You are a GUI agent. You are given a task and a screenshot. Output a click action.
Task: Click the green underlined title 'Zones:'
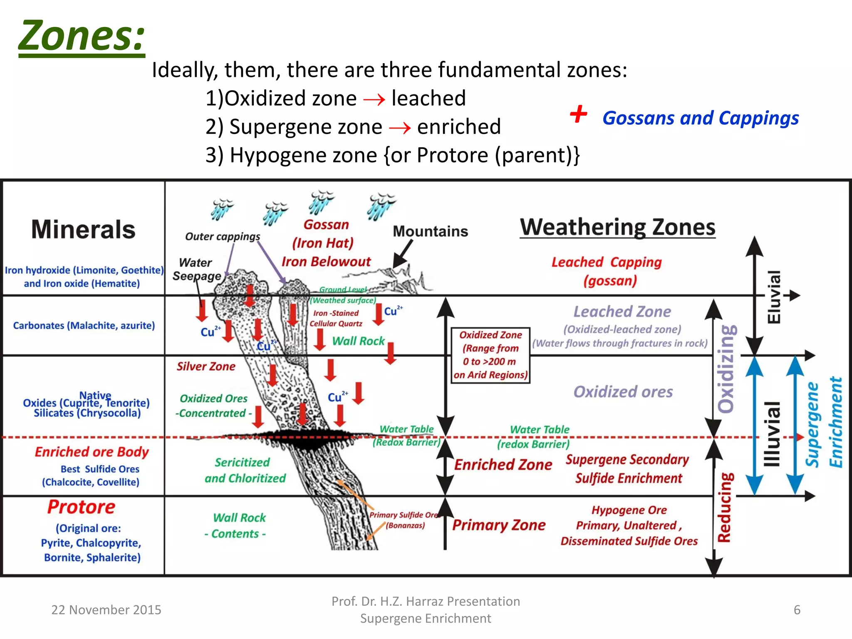point(82,36)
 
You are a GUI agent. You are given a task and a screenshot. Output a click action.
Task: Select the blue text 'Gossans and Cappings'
point(701,118)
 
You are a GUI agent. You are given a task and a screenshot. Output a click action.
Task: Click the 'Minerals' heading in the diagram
point(83,230)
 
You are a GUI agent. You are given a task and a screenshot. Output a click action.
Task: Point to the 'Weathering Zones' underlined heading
point(618,228)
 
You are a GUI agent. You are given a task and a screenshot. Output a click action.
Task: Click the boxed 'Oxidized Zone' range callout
point(490,355)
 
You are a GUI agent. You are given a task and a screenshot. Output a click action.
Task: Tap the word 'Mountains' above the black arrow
point(430,231)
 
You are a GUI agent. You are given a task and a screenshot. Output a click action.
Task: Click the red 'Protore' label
point(81,507)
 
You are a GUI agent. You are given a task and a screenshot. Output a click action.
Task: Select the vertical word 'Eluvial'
point(774,297)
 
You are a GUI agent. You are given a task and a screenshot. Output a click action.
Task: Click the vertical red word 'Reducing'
point(724,508)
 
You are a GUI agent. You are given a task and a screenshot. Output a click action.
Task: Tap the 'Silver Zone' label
point(206,367)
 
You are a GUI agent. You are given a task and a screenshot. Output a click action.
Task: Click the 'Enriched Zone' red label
point(503,465)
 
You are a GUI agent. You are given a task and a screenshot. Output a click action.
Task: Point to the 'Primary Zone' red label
point(498,525)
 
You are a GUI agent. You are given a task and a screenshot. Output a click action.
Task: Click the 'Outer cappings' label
point(223,236)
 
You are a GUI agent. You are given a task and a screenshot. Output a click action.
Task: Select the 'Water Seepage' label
point(196,269)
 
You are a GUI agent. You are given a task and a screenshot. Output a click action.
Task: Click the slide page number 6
point(797,610)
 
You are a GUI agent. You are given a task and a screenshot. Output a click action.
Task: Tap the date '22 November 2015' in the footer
point(106,610)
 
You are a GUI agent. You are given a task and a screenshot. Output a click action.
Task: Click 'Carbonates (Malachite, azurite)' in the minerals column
point(84,325)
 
